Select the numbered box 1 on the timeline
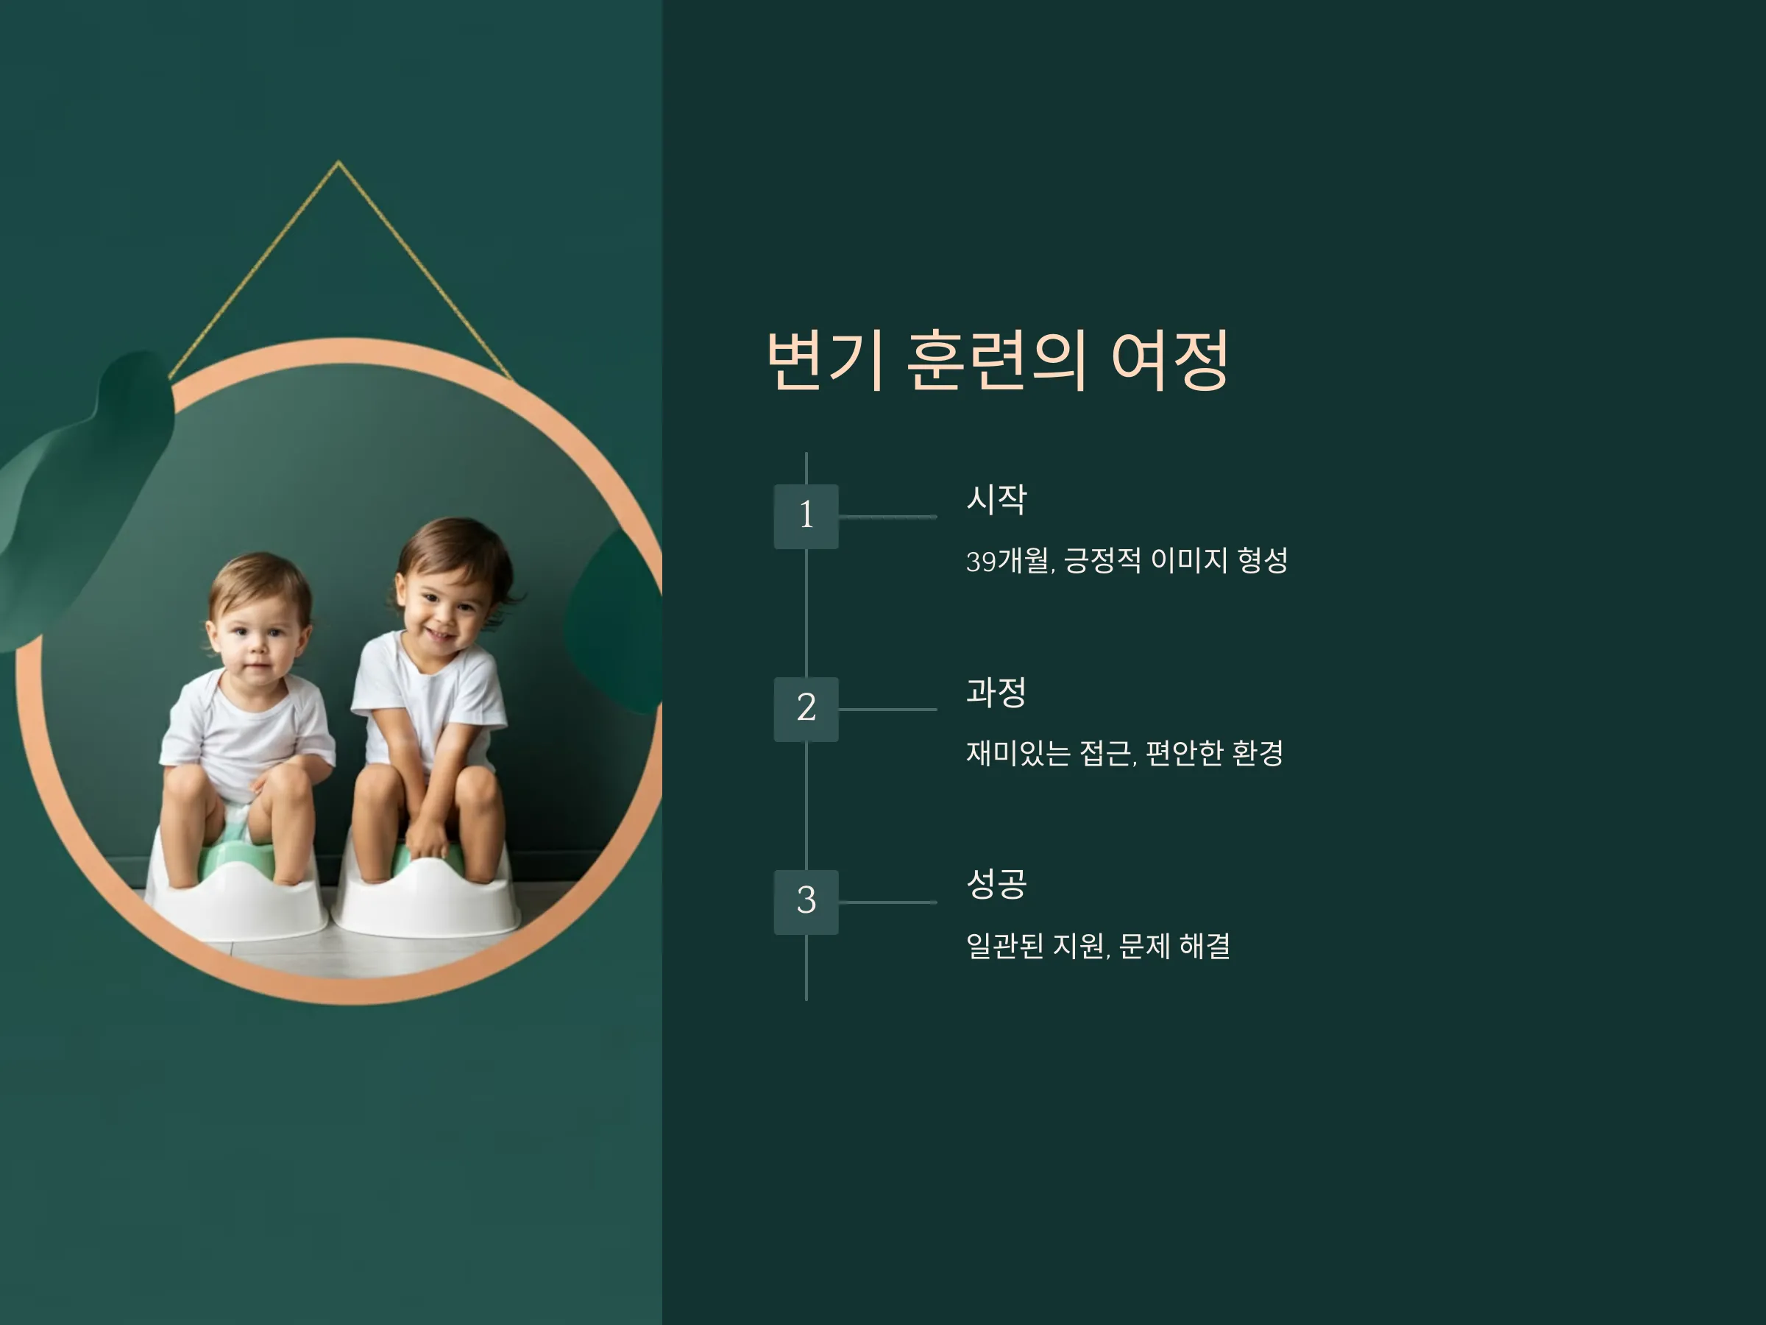806,516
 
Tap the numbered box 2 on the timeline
806,709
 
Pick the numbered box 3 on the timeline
806,902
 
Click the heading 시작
996,499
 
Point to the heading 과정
996,692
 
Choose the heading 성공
996,883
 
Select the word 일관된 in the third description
1004,946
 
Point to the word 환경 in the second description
1258,753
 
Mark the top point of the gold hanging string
338,162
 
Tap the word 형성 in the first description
1262,561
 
